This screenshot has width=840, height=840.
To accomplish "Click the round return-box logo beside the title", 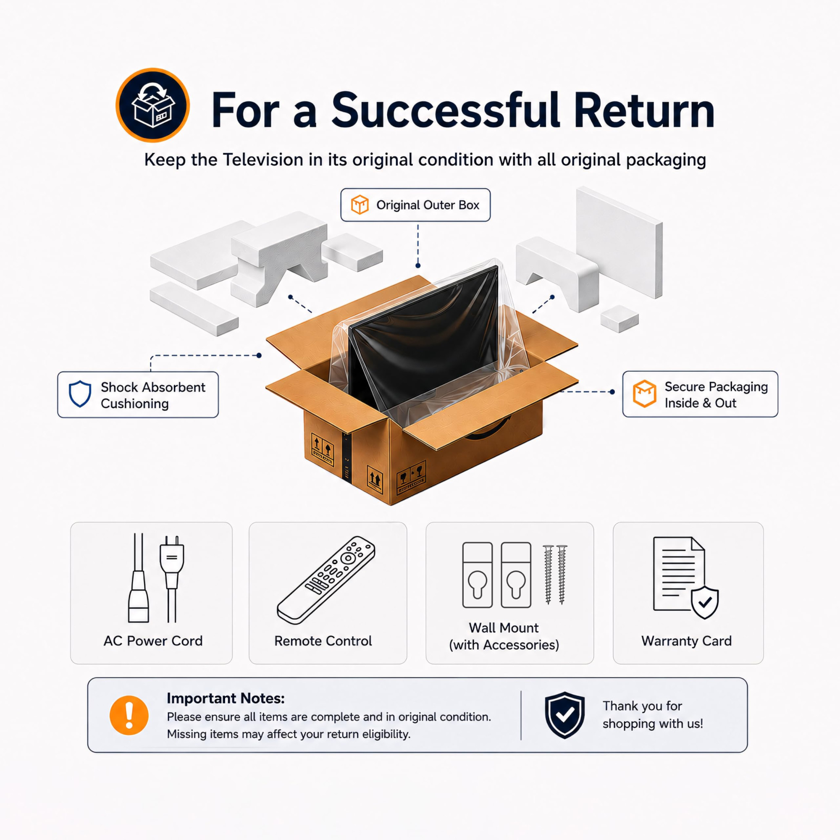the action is (x=152, y=105).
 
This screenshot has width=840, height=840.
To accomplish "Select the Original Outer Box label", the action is (x=415, y=205).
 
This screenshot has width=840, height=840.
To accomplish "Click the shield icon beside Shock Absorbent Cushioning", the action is (x=80, y=394).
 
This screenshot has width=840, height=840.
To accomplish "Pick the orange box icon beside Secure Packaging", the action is (x=644, y=394).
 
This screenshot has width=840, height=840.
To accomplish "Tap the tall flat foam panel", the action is (x=619, y=242).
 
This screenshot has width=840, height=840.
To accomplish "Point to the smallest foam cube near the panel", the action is (x=619, y=318).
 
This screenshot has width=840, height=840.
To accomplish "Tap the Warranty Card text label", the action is (x=687, y=641).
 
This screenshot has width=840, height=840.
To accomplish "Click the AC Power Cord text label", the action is (x=153, y=641).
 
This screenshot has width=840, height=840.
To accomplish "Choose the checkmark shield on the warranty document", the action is (x=705, y=602).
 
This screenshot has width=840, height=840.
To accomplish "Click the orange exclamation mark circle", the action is (x=129, y=715).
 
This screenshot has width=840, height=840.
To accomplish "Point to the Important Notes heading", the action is (x=226, y=698).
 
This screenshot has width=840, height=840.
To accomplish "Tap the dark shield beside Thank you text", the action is (x=564, y=715).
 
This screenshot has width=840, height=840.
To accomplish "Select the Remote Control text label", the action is (x=323, y=641).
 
